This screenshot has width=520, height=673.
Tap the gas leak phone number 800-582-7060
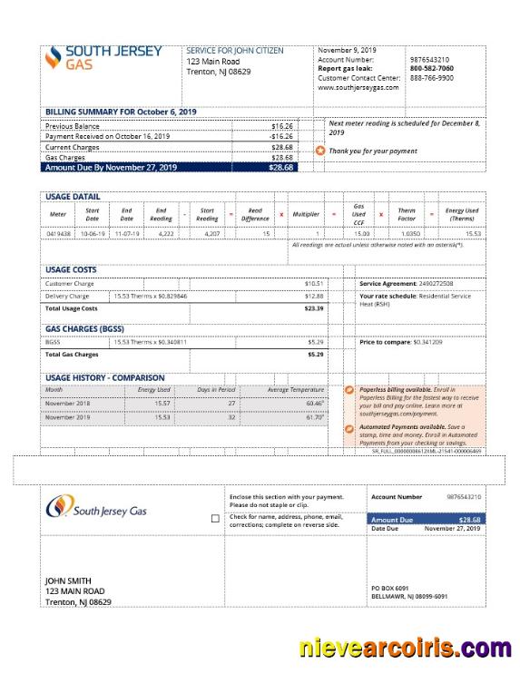(x=431, y=68)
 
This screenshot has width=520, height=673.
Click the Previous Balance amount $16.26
(x=282, y=125)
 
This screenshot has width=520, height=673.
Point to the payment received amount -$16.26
(x=281, y=136)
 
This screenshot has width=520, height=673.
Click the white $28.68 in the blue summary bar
(x=280, y=168)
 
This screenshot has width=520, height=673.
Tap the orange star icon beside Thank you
(x=319, y=151)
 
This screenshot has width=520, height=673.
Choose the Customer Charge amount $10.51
(x=314, y=284)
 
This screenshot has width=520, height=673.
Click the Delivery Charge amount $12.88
(x=314, y=296)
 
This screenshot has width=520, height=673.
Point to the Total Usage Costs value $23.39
(x=314, y=308)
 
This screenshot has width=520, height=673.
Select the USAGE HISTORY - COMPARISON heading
(x=104, y=377)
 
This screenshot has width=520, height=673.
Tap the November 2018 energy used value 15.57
(x=162, y=403)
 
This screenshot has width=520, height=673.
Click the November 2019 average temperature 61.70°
(x=315, y=417)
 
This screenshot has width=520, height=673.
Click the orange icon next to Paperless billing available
(x=350, y=390)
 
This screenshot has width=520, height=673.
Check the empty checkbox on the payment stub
(x=214, y=519)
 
